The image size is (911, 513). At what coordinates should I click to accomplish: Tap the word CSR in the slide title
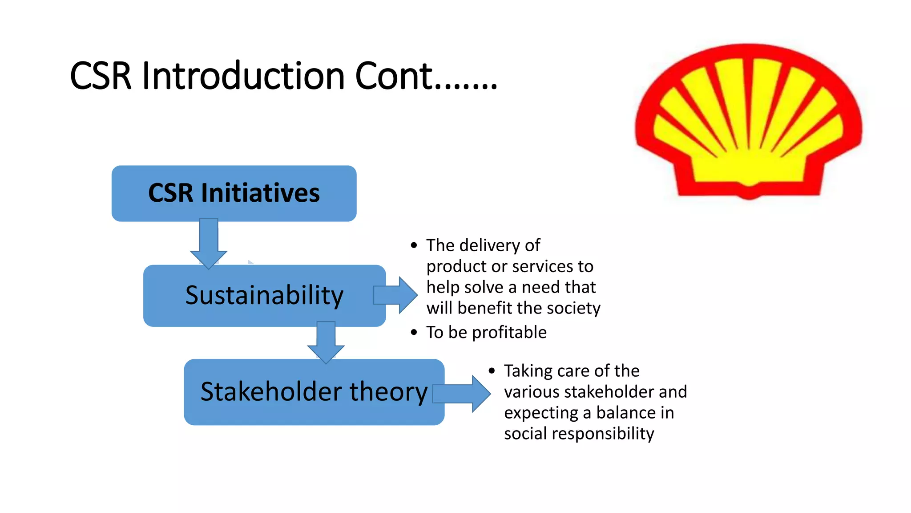(101, 76)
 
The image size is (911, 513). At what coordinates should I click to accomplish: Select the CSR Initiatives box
(234, 193)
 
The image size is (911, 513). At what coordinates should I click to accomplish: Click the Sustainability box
(264, 295)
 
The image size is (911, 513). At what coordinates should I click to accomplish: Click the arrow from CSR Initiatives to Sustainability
(209, 243)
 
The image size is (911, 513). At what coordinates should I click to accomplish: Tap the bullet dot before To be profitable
(414, 332)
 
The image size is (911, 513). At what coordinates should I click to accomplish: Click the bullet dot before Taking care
(492, 370)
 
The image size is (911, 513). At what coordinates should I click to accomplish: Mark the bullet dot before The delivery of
(414, 245)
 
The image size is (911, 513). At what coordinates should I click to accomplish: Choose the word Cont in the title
(394, 76)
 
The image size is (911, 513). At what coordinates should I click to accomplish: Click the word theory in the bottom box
(388, 392)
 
